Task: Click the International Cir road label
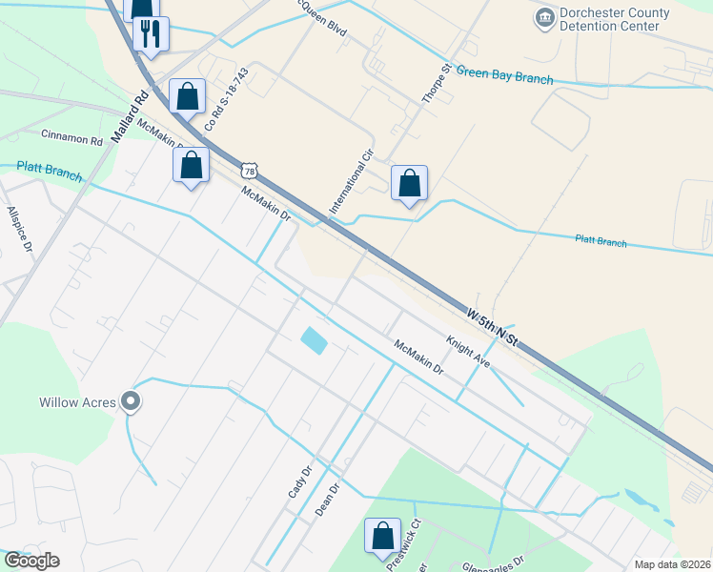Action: pos(352,181)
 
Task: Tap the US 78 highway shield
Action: pos(249,171)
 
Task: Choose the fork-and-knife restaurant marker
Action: pos(152,34)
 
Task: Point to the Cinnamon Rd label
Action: pos(71,139)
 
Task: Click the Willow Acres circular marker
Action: pos(132,402)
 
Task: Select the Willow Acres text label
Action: pos(77,402)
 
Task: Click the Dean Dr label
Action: pos(327,500)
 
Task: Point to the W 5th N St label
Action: pos(492,326)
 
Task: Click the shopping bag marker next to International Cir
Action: pos(409,183)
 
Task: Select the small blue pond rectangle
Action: pos(313,339)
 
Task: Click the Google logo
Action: pos(31,561)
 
